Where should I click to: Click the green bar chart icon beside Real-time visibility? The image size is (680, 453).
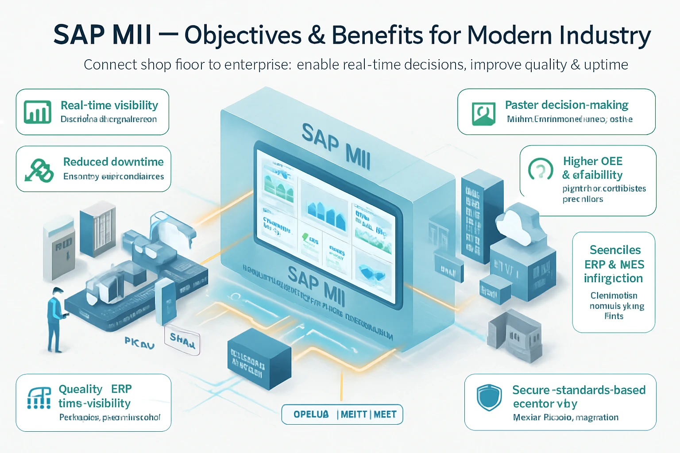click(x=38, y=112)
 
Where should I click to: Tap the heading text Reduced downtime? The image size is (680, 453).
click(x=113, y=162)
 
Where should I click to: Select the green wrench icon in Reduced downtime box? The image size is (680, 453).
click(x=39, y=170)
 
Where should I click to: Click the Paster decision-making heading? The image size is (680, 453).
click(x=567, y=105)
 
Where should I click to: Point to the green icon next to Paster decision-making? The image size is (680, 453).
click(x=483, y=114)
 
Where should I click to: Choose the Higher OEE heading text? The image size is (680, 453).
click(x=592, y=161)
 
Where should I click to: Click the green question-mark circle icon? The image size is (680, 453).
click(x=541, y=169)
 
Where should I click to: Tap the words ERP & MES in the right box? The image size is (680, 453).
click(x=614, y=265)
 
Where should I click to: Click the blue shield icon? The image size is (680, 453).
click(x=489, y=397)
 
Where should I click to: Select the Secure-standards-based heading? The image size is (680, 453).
click(x=579, y=390)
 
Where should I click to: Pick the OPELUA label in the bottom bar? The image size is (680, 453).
click(x=311, y=415)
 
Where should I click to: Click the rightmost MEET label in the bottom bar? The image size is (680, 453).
click(x=385, y=415)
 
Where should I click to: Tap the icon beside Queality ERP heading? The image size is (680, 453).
click(x=39, y=398)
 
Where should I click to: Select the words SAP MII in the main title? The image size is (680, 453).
click(x=102, y=35)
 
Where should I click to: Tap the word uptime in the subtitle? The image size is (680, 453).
click(x=606, y=65)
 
